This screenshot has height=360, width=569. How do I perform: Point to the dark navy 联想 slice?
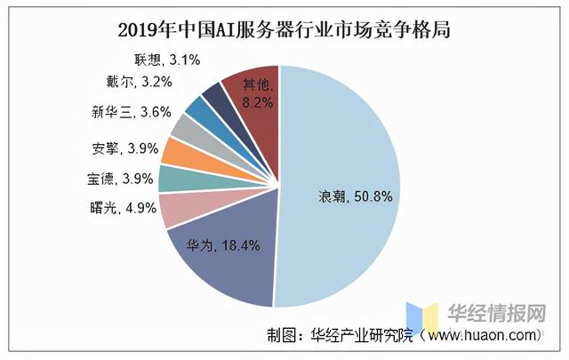point(214,94)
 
